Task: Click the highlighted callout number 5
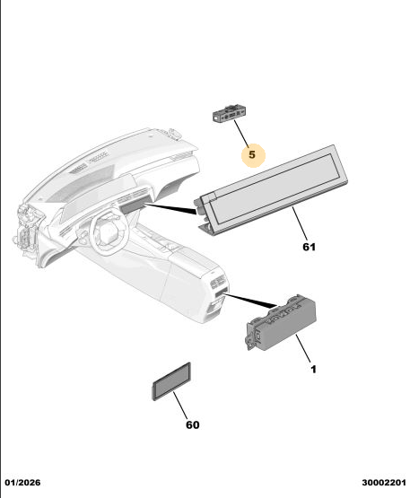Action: (252, 154)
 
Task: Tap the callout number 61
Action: (309, 247)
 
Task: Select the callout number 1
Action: (313, 370)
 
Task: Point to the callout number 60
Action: (193, 425)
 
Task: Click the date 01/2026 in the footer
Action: (22, 483)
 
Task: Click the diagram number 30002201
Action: (384, 483)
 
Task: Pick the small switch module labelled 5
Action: (229, 114)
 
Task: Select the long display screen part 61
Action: (271, 190)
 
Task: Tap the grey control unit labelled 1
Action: (281, 322)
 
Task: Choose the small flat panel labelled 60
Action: (171, 381)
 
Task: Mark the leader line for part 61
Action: (300, 223)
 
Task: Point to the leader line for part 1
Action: (303, 348)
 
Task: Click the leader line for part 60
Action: (180, 406)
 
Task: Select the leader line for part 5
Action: (241, 134)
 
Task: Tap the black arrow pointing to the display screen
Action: (170, 208)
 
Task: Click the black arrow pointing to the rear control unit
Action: (250, 301)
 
